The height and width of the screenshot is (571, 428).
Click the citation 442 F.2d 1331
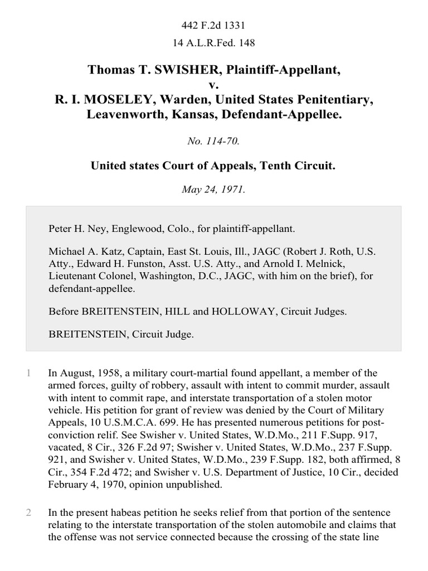tap(214, 26)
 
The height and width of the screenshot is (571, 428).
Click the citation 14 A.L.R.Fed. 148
tap(214, 42)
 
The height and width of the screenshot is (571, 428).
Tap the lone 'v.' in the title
tap(214, 85)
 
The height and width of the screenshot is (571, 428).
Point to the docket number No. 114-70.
tap(214, 142)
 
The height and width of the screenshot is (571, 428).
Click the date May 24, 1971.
tap(214, 189)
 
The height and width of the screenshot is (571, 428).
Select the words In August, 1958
tap(84, 374)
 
